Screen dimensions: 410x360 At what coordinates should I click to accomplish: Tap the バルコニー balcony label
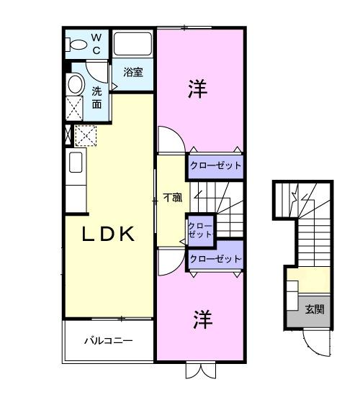click(109, 340)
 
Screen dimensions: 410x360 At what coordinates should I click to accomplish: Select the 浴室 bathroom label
click(132, 72)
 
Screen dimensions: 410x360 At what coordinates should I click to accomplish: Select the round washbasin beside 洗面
click(76, 84)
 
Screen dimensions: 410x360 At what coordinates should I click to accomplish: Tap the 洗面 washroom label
click(97, 98)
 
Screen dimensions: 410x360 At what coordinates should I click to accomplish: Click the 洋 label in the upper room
click(198, 89)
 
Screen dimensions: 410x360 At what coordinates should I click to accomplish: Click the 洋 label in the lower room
click(202, 320)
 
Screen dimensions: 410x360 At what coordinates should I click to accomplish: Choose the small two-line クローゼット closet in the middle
click(200, 230)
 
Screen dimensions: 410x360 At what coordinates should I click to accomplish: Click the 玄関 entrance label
click(314, 309)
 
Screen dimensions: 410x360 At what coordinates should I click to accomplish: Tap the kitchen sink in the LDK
click(76, 163)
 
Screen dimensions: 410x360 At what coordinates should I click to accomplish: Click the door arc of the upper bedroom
click(171, 139)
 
